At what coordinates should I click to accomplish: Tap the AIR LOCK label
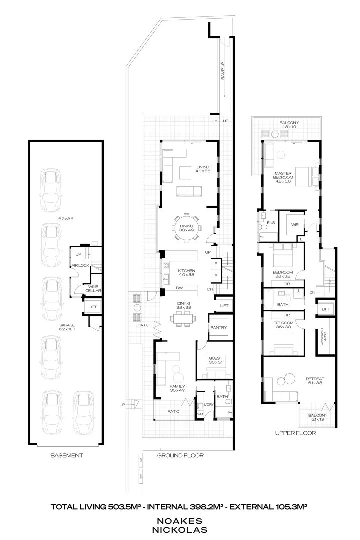80,265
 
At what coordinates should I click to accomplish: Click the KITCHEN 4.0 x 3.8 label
186,273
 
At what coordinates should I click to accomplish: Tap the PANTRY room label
219,328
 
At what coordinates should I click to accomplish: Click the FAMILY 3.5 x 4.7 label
178,389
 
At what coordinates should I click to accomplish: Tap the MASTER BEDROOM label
283,176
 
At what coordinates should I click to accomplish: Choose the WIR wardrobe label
295,225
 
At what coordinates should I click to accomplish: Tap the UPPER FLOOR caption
295,433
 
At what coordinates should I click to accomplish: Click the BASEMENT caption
66,455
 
